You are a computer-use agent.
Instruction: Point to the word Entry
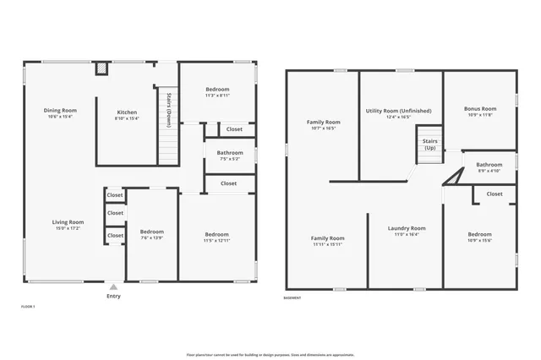click(113, 296)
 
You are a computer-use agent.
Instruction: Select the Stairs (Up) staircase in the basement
click(429, 145)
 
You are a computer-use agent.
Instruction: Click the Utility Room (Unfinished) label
click(398, 113)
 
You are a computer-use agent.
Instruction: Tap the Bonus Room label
click(480, 113)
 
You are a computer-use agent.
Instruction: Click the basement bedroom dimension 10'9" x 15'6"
click(480, 241)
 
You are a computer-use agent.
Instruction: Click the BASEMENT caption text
click(292, 298)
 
